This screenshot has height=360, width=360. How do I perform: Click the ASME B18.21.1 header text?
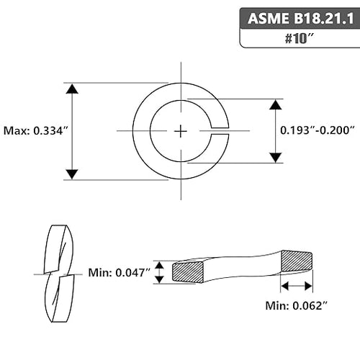click(x=301, y=19)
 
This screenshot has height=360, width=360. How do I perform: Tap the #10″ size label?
click(x=300, y=38)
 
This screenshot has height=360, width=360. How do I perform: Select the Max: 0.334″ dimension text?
click(x=36, y=131)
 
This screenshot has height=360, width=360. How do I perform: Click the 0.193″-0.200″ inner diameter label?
click(x=318, y=130)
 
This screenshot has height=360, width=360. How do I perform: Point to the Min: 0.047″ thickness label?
click(x=120, y=273)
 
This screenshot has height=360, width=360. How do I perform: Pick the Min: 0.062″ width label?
click(x=297, y=305)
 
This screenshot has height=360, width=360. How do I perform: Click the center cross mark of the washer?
click(x=181, y=131)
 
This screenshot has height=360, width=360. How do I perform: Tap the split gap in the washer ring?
click(x=220, y=131)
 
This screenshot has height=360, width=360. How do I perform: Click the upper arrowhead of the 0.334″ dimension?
click(x=72, y=89)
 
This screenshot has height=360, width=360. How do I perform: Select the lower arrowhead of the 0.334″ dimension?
click(x=72, y=174)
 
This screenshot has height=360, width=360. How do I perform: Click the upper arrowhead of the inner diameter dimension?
click(x=276, y=104)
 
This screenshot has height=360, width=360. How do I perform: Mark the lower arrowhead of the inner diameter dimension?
click(x=276, y=158)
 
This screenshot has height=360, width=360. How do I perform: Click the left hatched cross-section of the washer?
click(x=188, y=272)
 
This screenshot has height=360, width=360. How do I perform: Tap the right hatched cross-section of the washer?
click(x=297, y=261)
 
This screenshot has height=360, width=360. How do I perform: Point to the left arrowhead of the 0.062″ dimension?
click(x=284, y=286)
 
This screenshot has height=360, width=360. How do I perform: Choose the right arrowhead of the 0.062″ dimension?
click(x=308, y=286)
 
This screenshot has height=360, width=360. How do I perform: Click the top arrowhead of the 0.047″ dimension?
click(x=159, y=265)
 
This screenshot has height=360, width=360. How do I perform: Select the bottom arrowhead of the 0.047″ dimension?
click(x=159, y=279)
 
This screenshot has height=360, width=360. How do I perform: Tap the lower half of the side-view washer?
click(x=60, y=299)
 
